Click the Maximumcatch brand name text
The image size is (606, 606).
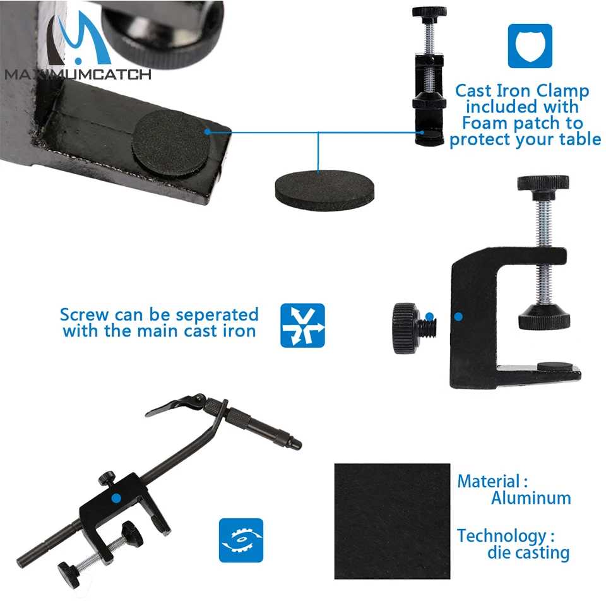[x=78, y=74]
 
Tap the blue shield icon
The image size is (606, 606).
[x=530, y=46]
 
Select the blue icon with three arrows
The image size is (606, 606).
[x=302, y=326]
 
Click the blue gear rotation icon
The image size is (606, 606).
[x=241, y=540]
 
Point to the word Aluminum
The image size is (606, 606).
[x=531, y=498]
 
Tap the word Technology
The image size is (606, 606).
[x=502, y=536]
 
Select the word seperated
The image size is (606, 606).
[x=217, y=315]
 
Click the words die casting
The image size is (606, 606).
[x=528, y=553]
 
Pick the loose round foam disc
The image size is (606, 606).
[x=324, y=191]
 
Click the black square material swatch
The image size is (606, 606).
[x=392, y=521]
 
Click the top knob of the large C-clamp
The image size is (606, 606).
[x=543, y=183]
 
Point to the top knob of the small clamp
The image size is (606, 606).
[x=429, y=12]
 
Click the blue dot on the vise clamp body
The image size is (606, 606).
[x=116, y=498]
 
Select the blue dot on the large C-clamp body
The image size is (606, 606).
[x=458, y=317]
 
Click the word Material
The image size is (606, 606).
[x=489, y=482]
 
